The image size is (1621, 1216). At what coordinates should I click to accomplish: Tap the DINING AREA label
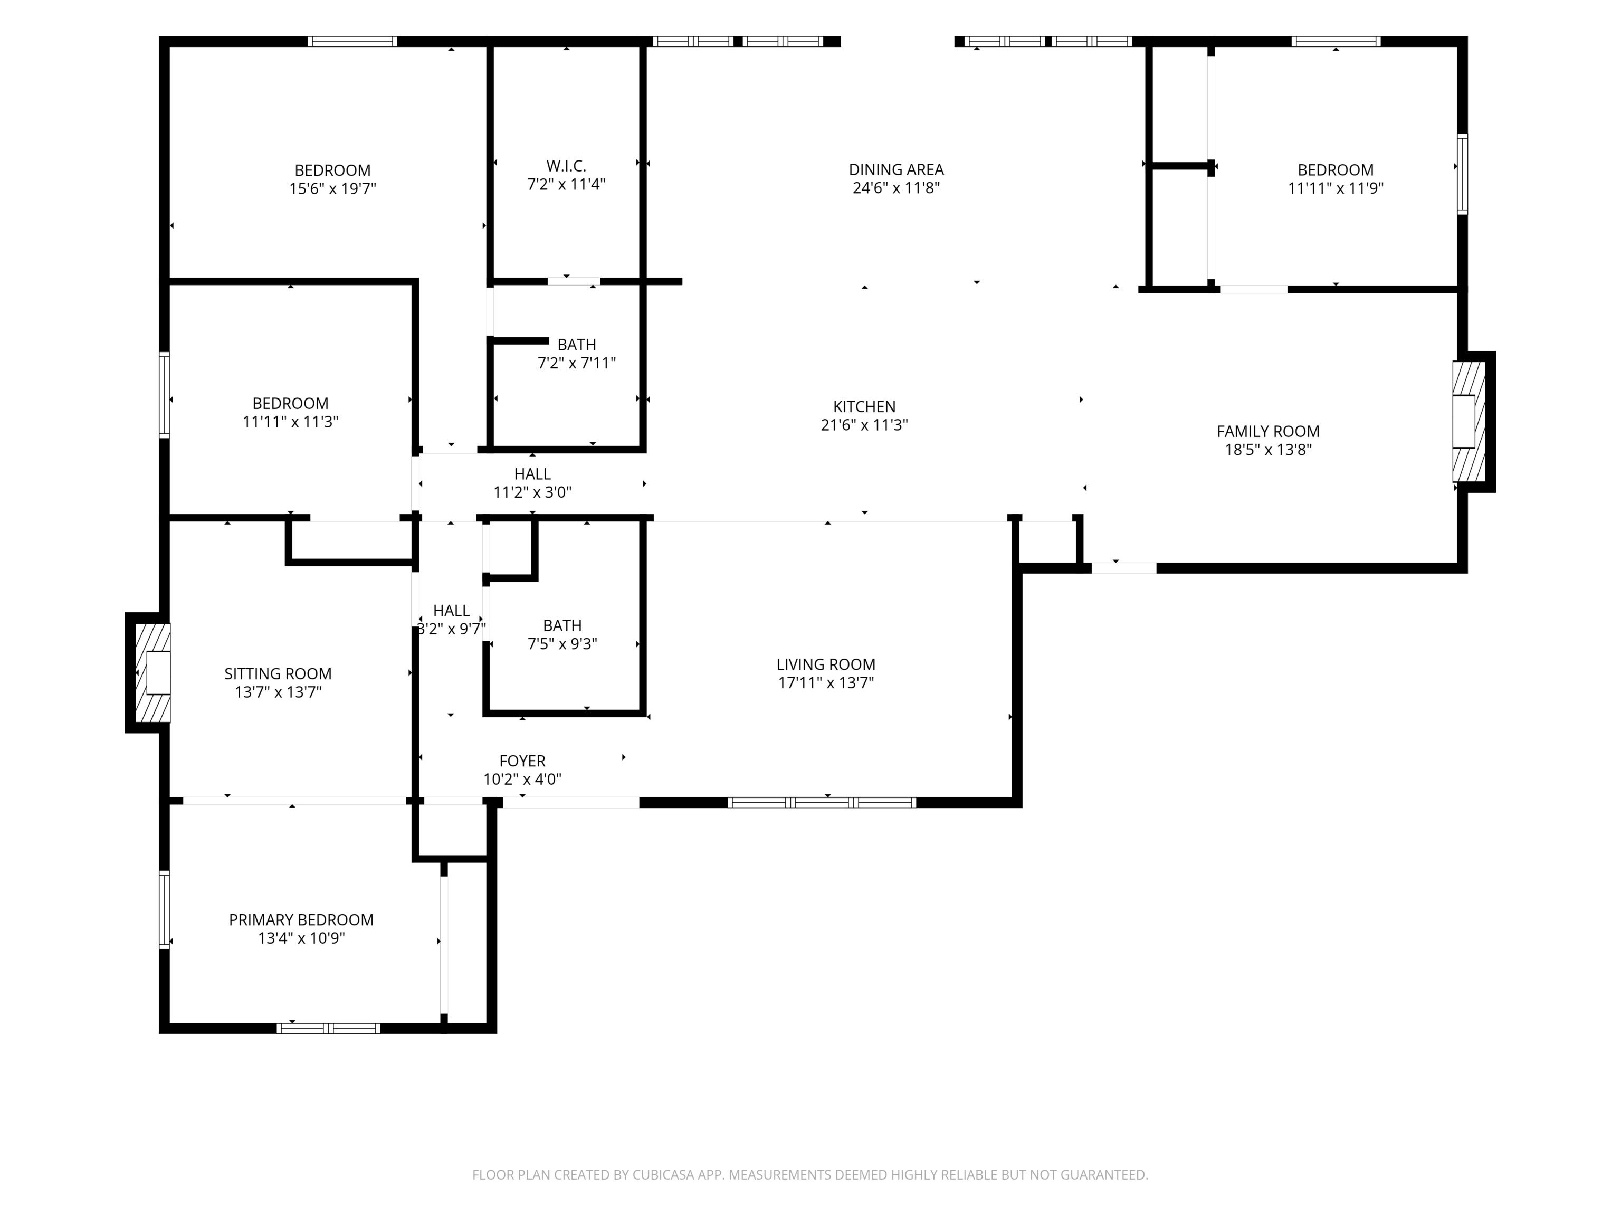pyautogui.click(x=896, y=169)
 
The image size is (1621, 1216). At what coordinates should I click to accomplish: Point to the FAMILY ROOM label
pyautogui.click(x=1268, y=432)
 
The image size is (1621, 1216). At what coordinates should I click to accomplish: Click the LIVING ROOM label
pyautogui.click(x=826, y=665)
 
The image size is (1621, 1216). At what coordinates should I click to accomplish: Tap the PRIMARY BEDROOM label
pyautogui.click(x=301, y=920)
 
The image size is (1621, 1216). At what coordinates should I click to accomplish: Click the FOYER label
pyautogui.click(x=522, y=762)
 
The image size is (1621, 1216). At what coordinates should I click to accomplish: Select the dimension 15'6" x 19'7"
pyautogui.click(x=333, y=189)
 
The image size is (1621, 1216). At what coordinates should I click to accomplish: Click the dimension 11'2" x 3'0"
pyautogui.click(x=532, y=492)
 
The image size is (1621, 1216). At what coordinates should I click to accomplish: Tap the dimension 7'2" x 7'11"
pyautogui.click(x=577, y=363)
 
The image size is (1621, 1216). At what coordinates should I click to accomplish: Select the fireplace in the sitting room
pyautogui.click(x=153, y=673)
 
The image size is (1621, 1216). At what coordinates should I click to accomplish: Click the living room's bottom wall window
pyautogui.click(x=822, y=803)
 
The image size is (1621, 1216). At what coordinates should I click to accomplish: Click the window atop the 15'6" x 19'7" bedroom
pyautogui.click(x=352, y=42)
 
